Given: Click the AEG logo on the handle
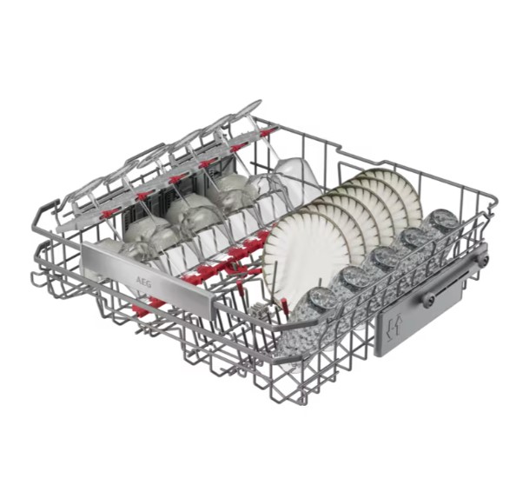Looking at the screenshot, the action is point(143,282).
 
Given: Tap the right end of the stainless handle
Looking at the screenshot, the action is point(213,308).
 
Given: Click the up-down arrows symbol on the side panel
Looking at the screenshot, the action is point(394,325).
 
